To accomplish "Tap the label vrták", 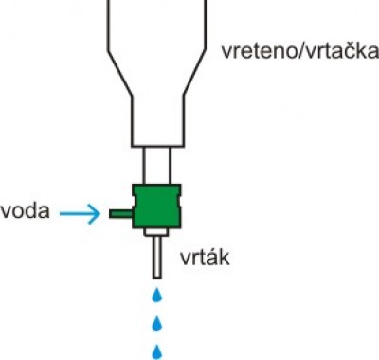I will point(202,257).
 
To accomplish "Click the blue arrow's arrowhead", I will point(94,215).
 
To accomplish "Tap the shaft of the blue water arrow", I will point(74,215).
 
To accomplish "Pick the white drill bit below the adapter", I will point(155,254).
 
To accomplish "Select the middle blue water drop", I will point(155,322).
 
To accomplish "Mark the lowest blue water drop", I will point(155,351).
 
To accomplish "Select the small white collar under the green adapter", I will point(155,232).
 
